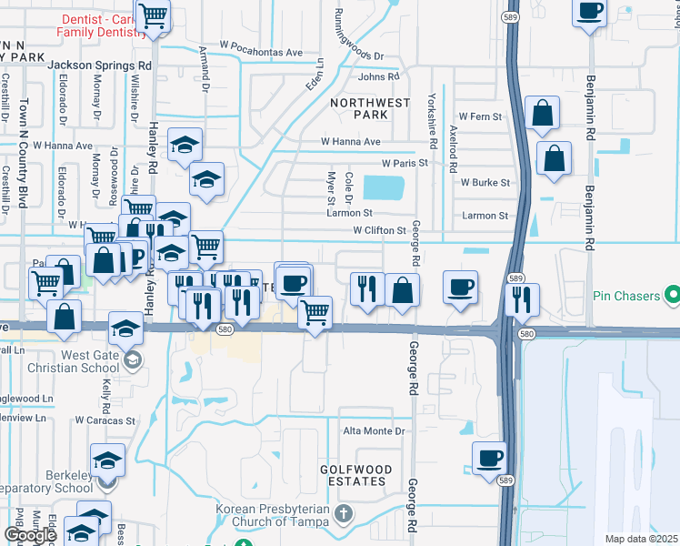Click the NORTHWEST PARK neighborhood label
[x=370, y=109]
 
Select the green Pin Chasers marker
[x=672, y=295]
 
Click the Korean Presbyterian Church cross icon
[x=343, y=514]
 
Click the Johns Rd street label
[x=378, y=77]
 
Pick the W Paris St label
[x=405, y=163]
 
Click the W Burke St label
[x=485, y=182]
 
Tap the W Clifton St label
[x=379, y=231]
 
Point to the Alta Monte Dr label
[x=373, y=431]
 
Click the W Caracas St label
[x=105, y=420]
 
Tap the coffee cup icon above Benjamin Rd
[x=589, y=12]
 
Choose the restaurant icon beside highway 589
[x=522, y=298]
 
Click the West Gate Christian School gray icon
[x=133, y=361]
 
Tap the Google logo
[x=29, y=535]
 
